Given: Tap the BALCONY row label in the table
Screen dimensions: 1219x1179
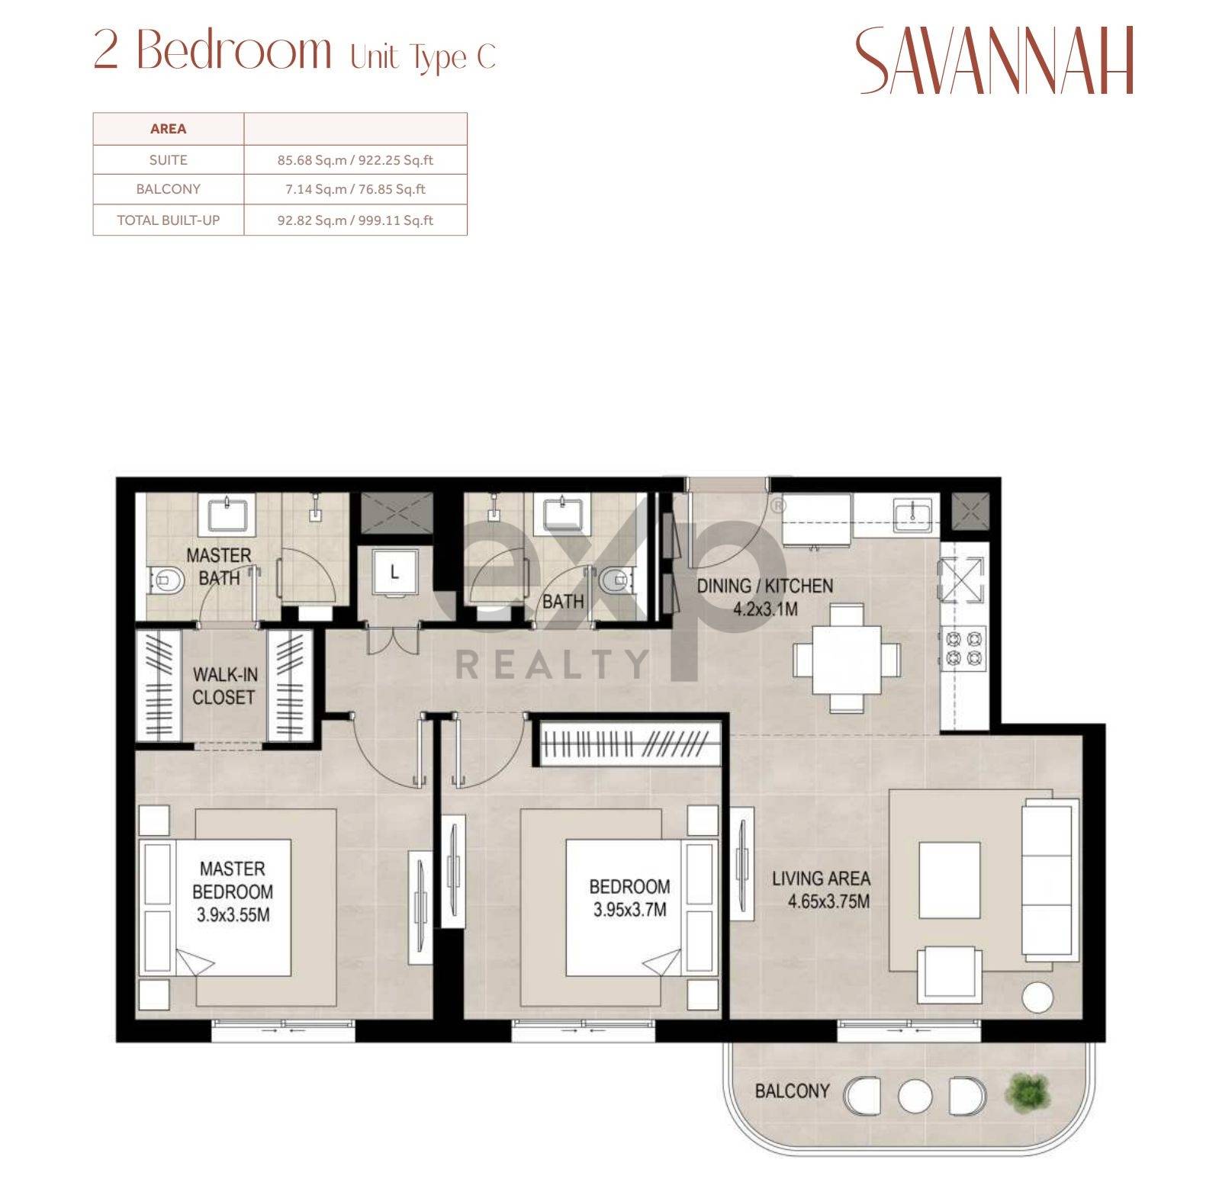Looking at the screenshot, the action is click(x=168, y=189).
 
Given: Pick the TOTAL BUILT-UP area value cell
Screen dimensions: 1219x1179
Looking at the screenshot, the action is click(x=355, y=220).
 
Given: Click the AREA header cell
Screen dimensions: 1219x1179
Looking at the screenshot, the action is click(x=169, y=129).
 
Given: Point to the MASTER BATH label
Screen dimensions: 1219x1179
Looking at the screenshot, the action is click(x=219, y=567).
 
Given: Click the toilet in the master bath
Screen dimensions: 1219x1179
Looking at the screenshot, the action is click(x=167, y=581).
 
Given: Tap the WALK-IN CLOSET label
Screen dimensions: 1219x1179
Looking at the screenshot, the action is click(x=224, y=686).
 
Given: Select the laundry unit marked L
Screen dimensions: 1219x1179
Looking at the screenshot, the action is click(x=394, y=572).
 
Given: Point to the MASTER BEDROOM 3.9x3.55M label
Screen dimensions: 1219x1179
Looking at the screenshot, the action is click(x=233, y=891).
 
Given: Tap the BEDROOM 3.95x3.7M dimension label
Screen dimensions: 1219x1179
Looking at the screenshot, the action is click(x=629, y=898).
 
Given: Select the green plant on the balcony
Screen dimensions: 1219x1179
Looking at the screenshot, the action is click(x=1028, y=1092).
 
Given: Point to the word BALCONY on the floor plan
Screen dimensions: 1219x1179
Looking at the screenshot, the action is click(x=792, y=1091).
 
